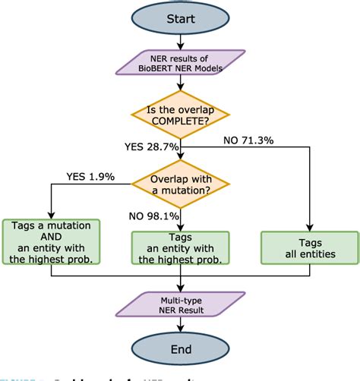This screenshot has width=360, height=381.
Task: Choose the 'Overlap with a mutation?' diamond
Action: tap(179, 185)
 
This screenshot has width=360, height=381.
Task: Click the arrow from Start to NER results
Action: tap(179, 43)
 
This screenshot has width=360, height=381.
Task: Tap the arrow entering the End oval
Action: tap(179, 323)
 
